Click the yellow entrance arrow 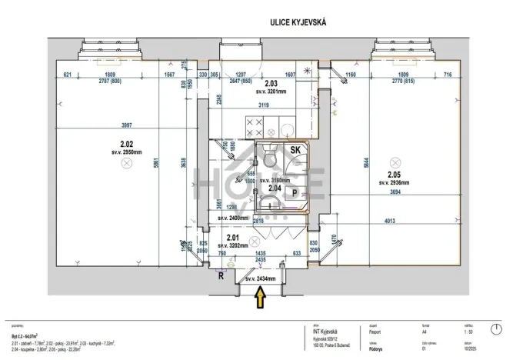point(261,294)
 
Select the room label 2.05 point(394,175)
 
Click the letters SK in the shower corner point(295,150)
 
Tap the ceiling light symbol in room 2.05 point(394,162)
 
